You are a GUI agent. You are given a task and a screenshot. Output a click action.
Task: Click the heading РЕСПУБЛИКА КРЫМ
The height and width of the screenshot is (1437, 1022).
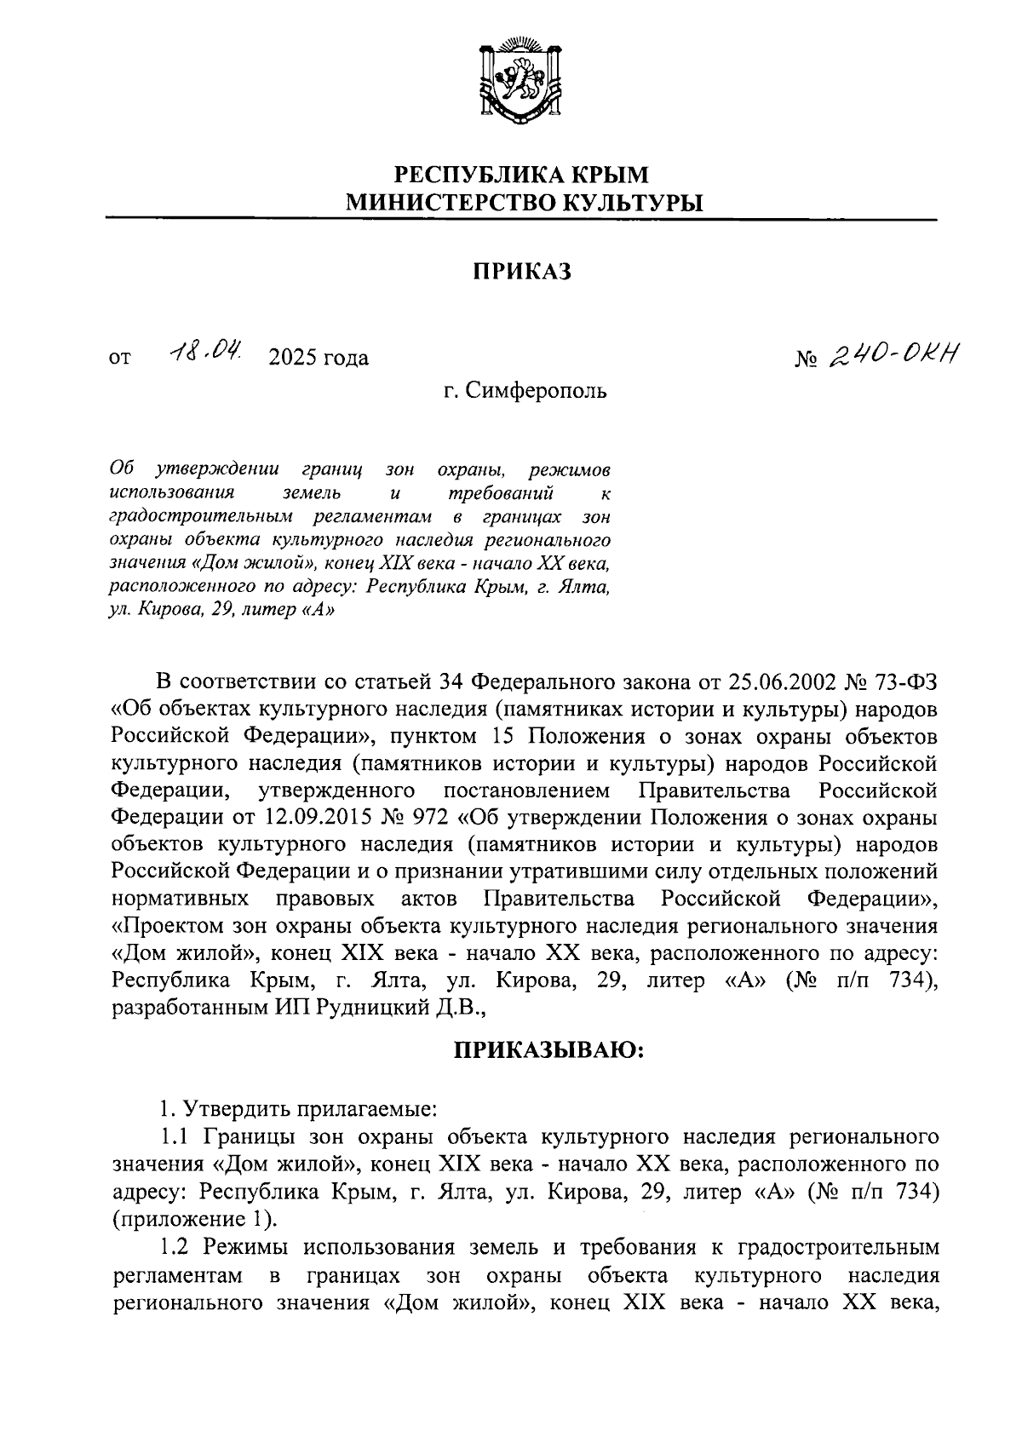click(520, 175)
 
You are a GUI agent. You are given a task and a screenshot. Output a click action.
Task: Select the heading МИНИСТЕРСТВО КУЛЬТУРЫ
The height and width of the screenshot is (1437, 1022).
click(520, 203)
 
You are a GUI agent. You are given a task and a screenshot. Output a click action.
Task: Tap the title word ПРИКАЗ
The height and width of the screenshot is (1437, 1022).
click(520, 272)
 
